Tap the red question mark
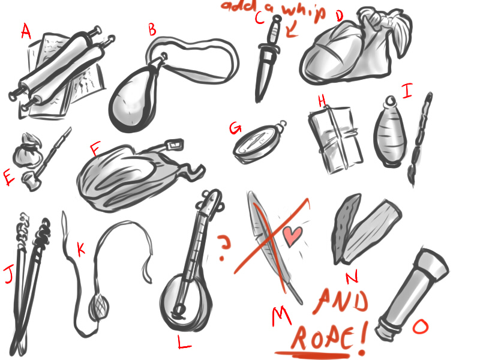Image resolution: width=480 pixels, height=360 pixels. (x=224, y=247)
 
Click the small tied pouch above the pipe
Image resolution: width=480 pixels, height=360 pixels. (x=27, y=150)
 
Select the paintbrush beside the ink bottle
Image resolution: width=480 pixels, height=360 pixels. (x=420, y=139)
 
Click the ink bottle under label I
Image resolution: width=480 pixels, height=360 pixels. (x=390, y=132)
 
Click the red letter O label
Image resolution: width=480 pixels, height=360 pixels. (x=421, y=326)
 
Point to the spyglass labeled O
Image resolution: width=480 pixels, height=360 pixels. (x=412, y=294)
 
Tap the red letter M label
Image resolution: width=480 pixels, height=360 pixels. (x=281, y=316)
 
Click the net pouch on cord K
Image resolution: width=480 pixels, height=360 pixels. (x=99, y=306)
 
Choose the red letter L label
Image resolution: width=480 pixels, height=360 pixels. (x=184, y=342)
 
